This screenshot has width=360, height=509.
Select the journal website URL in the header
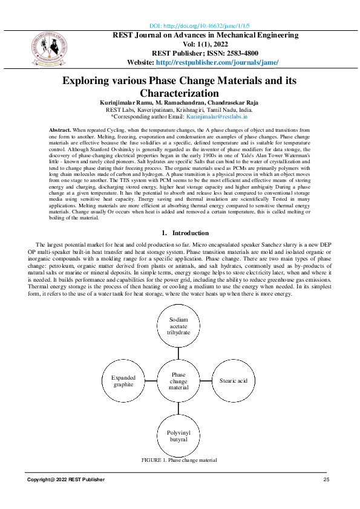[217, 62]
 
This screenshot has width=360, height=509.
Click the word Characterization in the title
[179, 93]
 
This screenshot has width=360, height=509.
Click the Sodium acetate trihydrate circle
[178, 325]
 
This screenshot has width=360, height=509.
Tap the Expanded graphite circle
[123, 381]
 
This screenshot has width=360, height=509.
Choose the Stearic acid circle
[234, 381]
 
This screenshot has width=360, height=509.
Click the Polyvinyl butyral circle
[178, 436]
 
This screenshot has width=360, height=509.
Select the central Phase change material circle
[178, 381]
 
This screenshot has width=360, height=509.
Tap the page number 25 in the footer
[326, 479]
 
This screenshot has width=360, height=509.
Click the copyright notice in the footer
[65, 479]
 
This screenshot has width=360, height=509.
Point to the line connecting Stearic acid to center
[206, 381]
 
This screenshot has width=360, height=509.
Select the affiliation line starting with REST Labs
[180, 109]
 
